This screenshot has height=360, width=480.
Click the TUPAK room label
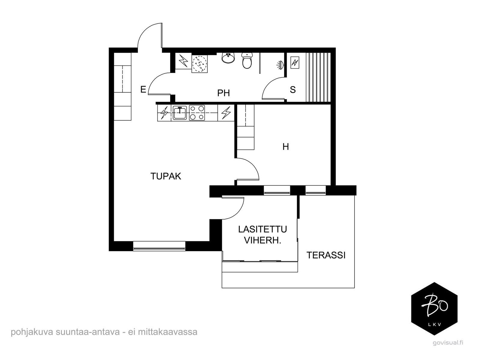click(x=166, y=176)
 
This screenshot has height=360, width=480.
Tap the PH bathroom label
click(x=224, y=93)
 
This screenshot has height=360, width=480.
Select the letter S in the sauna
click(x=293, y=90)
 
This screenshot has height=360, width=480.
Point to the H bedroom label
click(x=285, y=147)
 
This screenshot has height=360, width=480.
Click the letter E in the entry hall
click(x=143, y=89)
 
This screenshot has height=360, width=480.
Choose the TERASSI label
click(x=326, y=255)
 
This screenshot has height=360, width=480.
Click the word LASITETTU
click(x=262, y=229)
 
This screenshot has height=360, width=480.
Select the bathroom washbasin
click(x=228, y=58)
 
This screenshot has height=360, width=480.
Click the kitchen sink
click(x=180, y=113)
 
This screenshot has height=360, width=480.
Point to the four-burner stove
click(x=197, y=113)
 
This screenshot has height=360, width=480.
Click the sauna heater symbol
click(x=295, y=63)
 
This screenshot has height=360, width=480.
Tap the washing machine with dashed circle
click(x=199, y=64)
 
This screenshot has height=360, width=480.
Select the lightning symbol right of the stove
click(x=226, y=113)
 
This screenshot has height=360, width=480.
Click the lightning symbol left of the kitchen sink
click(x=165, y=113)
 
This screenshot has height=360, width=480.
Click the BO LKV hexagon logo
click(x=434, y=309)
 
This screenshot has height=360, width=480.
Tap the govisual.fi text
click(x=448, y=343)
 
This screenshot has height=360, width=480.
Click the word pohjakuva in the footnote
click(x=32, y=332)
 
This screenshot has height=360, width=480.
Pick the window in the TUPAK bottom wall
click(x=159, y=246)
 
